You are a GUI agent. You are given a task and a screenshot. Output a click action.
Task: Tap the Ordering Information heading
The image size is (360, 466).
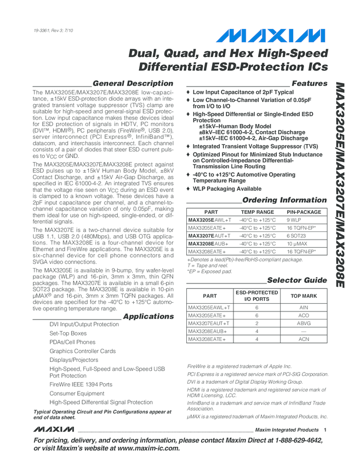click(284, 200)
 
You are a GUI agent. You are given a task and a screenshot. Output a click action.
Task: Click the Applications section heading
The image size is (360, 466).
click(148, 316)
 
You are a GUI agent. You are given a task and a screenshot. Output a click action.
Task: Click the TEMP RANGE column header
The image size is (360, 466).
click(258, 212)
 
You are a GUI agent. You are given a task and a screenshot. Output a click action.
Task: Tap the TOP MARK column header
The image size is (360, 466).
click(304, 296)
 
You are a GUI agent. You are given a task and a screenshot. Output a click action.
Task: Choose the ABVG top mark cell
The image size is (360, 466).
click(304, 323)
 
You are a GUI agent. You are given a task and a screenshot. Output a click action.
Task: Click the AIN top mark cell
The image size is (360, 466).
click(304, 308)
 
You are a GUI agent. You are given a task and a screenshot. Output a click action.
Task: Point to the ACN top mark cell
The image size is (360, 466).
click(304, 340)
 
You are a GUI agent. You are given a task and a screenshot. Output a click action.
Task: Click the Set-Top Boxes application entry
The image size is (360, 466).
click(68, 333)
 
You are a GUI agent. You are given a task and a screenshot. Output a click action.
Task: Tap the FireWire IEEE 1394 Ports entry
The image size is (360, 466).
click(81, 384)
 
